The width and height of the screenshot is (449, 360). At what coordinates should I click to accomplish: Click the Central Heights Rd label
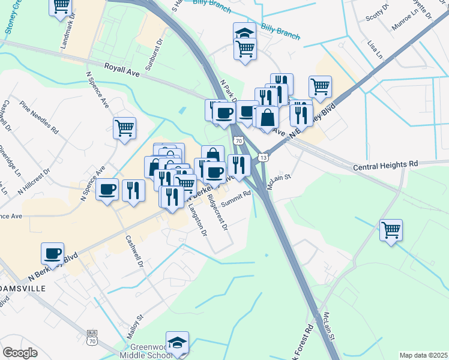pos(385,164)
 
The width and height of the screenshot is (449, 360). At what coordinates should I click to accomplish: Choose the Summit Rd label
pos(235,199)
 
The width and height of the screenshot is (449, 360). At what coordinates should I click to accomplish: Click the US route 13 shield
pos(262,157)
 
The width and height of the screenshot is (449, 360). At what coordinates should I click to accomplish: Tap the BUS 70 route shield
pos(92,337)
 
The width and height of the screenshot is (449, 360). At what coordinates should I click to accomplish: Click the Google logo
pos(20,353)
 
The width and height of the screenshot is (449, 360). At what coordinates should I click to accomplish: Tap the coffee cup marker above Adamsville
pos(53,253)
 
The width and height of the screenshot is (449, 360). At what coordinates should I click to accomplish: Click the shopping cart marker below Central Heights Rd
pos(391,229)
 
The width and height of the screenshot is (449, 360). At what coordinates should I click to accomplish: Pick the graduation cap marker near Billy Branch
pos(244,32)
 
